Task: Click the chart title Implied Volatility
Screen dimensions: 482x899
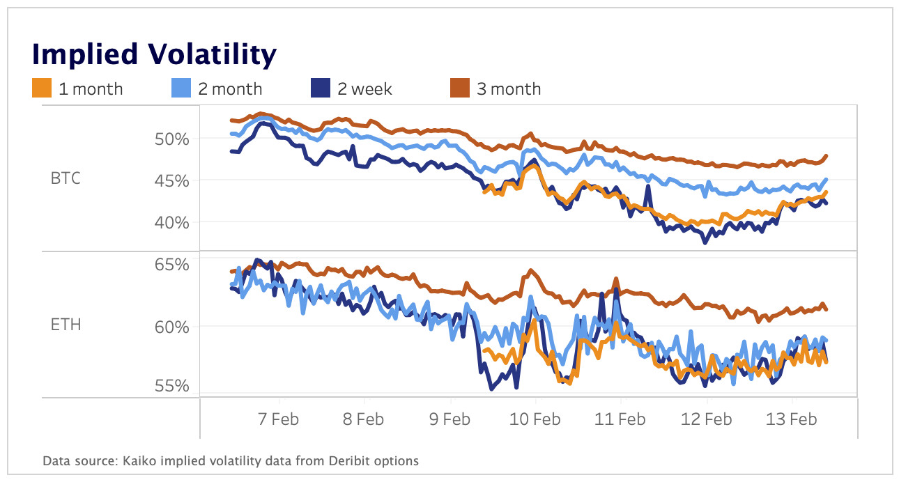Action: pos(154,54)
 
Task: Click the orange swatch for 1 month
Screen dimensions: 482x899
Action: pos(42,88)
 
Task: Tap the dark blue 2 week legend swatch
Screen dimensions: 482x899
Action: pos(319,88)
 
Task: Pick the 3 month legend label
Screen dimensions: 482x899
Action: pos(509,89)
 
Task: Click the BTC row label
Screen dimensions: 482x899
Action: pos(66,178)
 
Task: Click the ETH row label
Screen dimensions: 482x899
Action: pos(66,325)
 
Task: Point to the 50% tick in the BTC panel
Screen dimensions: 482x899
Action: pos(172,139)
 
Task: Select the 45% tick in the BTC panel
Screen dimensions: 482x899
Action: pos(172,180)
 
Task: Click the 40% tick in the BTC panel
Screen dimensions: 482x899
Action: pos(172,222)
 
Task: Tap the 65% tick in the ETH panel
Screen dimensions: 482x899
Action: pos(172,265)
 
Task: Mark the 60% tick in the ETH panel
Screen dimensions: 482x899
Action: pos(172,326)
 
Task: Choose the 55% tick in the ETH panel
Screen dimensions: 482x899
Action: pos(172,385)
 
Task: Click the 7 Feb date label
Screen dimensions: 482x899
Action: pos(279,419)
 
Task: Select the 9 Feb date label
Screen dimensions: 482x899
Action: pos(449,419)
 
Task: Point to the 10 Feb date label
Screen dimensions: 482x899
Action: pos(535,419)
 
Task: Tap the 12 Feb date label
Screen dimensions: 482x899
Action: pos(707,419)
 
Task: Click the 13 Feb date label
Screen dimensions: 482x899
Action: pos(792,419)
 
